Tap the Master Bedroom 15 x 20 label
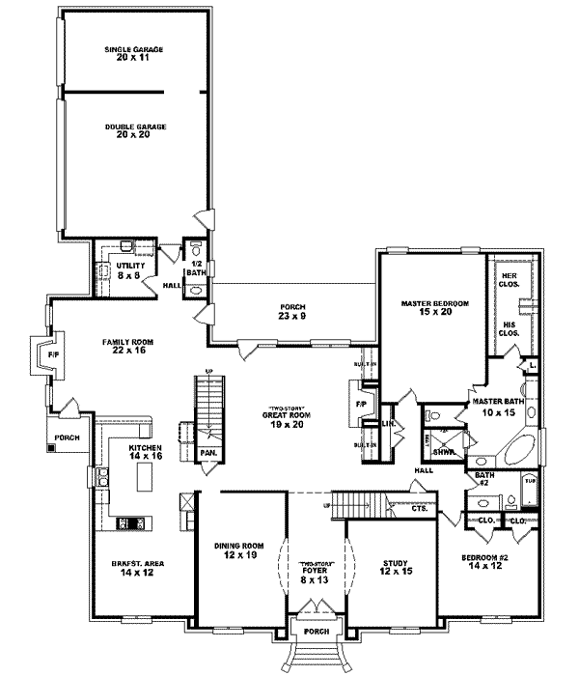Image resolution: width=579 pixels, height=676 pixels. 434,307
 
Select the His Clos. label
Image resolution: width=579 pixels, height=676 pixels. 508,328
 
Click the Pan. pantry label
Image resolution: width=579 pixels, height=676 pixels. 207,452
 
